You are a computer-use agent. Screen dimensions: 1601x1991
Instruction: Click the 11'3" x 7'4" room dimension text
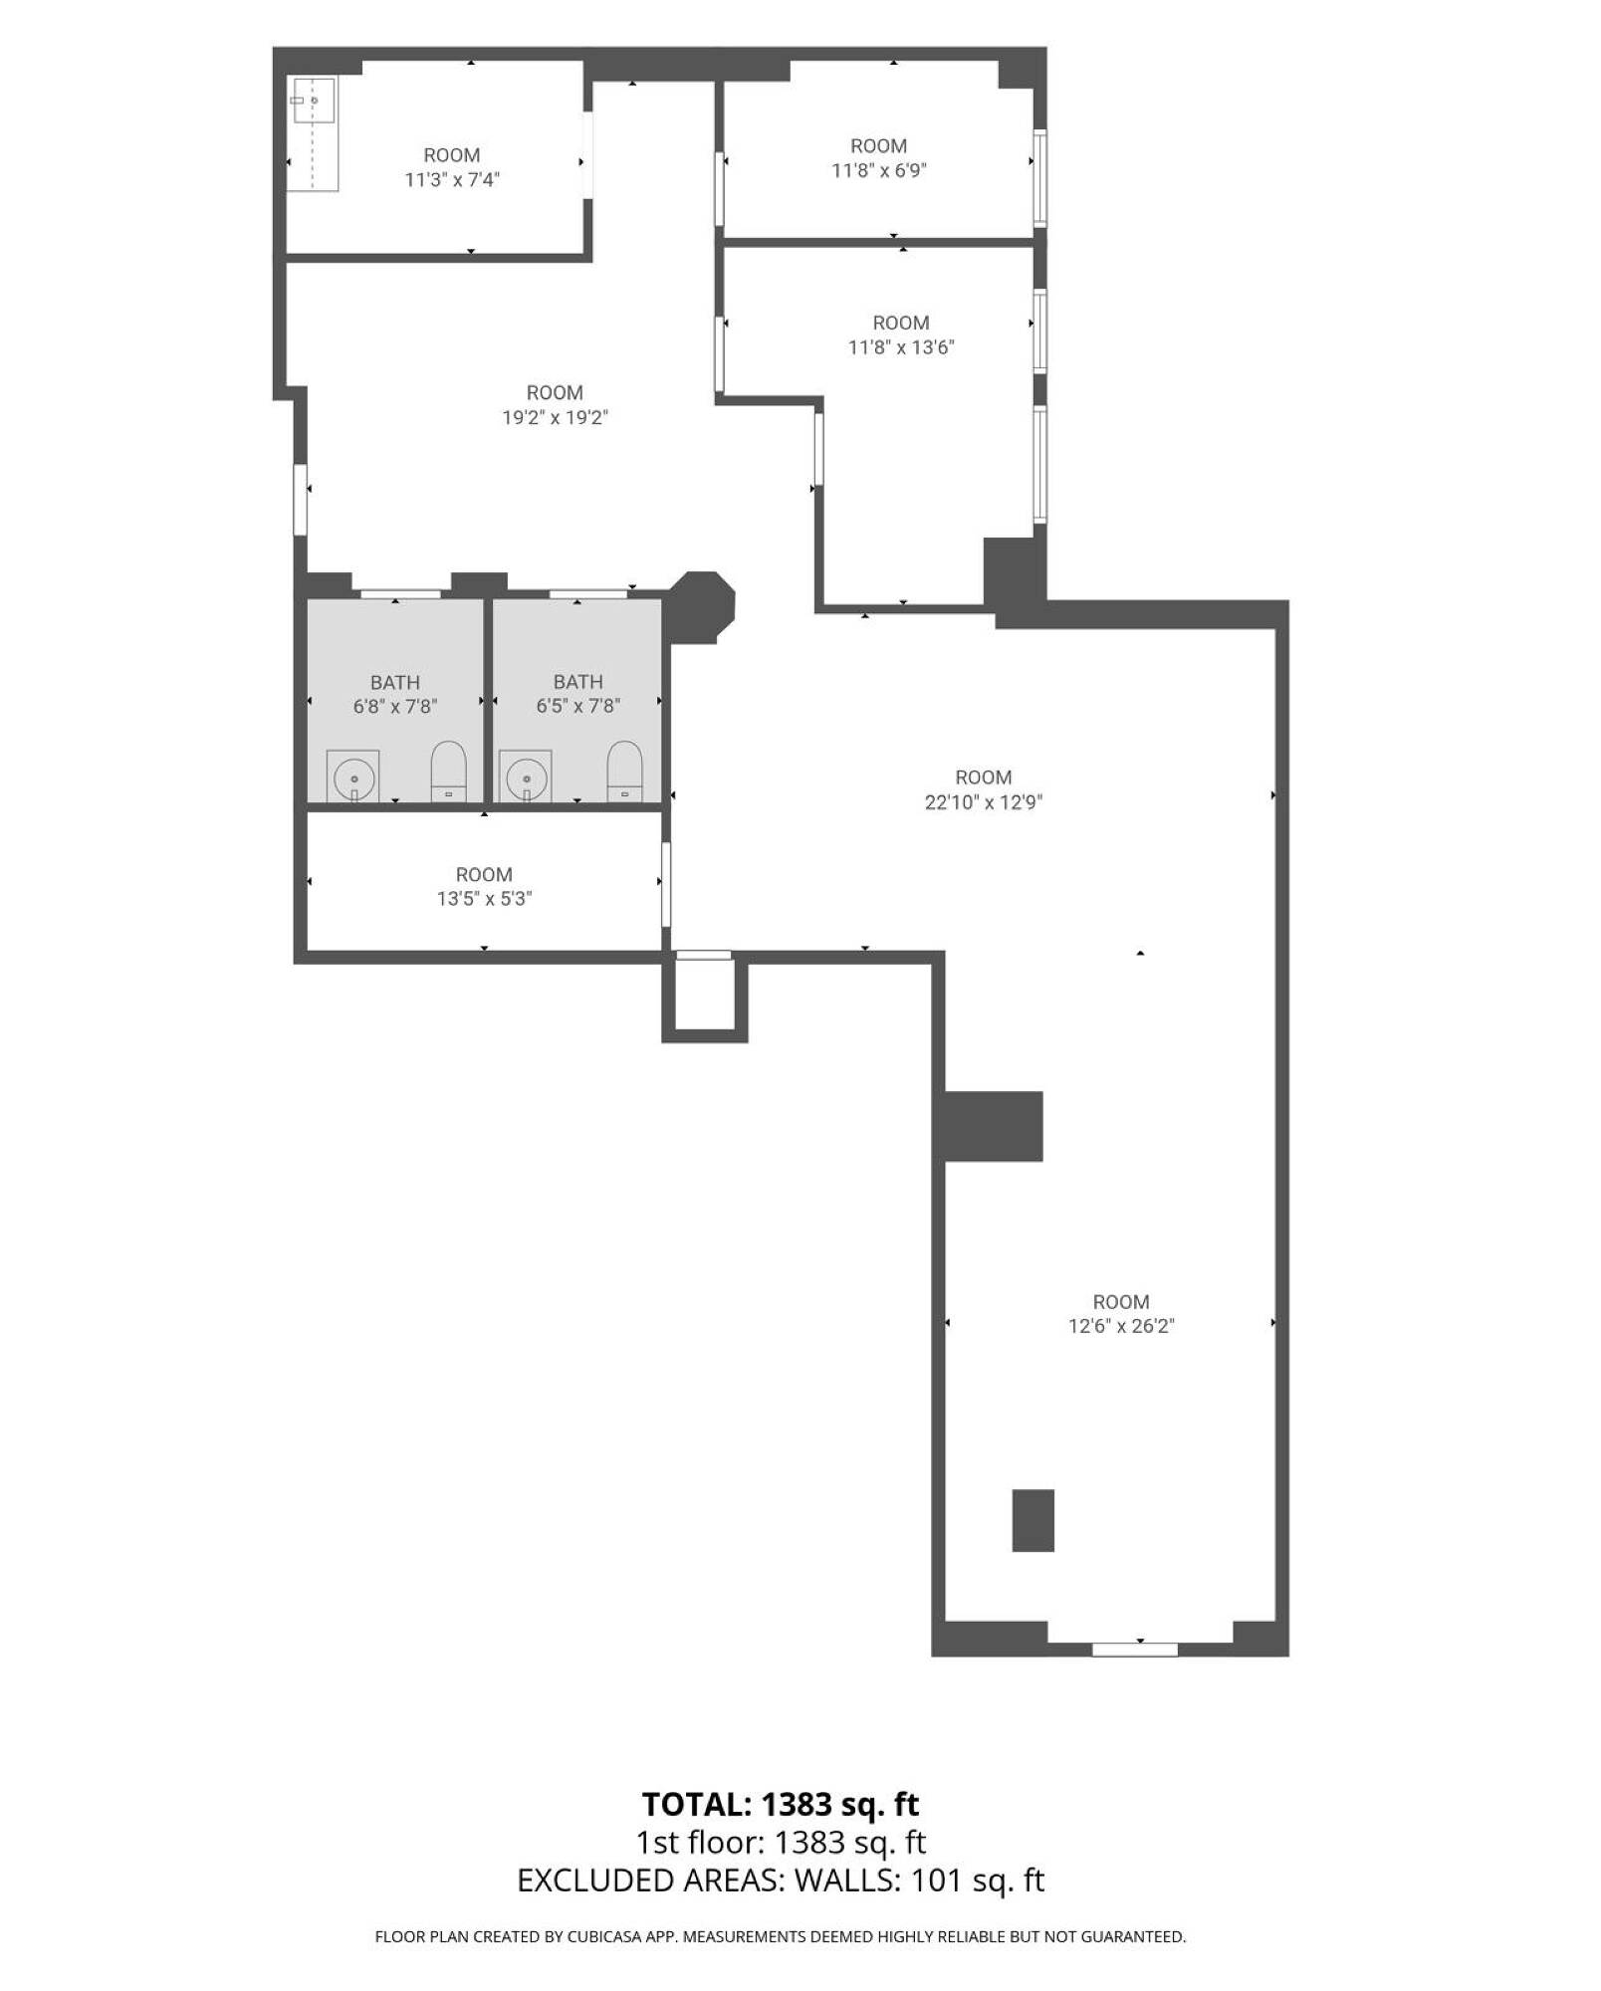point(452,180)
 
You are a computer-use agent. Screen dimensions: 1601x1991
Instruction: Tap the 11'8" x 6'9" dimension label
point(879,170)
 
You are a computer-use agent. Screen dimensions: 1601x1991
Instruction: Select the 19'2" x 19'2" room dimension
point(555,417)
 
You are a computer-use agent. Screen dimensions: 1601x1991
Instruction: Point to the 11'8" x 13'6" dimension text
point(901,347)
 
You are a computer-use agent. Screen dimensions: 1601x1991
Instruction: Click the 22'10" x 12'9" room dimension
point(984,802)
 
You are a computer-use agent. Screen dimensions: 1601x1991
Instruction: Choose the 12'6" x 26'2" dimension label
point(1121,1326)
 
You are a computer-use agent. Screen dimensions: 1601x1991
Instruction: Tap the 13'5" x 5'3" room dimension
point(484,899)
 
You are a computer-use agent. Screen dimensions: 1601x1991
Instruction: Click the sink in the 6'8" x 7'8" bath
point(353,776)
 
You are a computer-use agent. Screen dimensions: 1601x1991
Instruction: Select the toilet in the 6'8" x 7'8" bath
point(448,772)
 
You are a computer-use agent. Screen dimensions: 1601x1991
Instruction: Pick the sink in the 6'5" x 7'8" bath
point(526,776)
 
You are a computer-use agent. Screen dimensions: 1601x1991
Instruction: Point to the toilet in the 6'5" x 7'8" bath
point(625,772)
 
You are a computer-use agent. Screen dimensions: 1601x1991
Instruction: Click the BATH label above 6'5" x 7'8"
point(578,682)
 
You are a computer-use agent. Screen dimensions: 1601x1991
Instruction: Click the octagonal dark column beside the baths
point(702,607)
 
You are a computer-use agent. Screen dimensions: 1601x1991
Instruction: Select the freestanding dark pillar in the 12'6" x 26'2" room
point(1033,1520)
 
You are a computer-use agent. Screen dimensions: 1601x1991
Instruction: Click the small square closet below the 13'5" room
point(705,995)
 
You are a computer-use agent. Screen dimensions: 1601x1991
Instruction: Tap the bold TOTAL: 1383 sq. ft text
point(781,1805)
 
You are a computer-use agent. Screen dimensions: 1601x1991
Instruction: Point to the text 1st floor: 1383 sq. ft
point(782,1843)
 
